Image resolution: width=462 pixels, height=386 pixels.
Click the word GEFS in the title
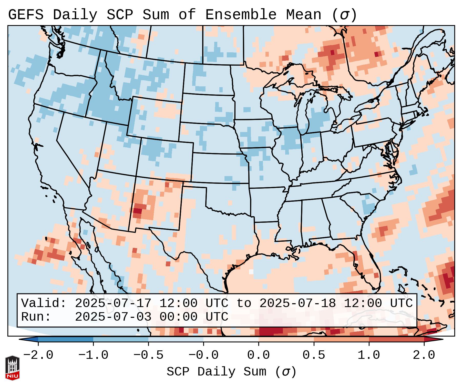pyautogui.click(x=26, y=15)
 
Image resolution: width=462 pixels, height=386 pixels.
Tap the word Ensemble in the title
pyautogui.click(x=241, y=15)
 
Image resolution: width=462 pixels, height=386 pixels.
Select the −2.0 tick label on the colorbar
pyautogui.click(x=38, y=355)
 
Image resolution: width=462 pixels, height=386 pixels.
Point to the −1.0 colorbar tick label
pyautogui.click(x=93, y=355)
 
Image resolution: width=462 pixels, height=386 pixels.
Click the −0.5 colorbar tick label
pyautogui.click(x=148, y=355)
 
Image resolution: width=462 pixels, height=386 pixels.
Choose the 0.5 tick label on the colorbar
pyautogui.click(x=314, y=355)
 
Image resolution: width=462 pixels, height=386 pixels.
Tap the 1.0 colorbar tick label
pyautogui.click(x=369, y=355)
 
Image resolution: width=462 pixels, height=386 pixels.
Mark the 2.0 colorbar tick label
pyautogui.click(x=424, y=355)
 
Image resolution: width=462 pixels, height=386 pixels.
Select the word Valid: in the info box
pyautogui.click(x=44, y=303)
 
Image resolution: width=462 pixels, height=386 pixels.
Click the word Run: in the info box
pyautogui.click(x=36, y=317)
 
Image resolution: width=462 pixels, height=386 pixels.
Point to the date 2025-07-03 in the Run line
pyautogui.click(x=113, y=317)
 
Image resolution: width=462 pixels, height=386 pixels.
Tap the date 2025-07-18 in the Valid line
pyautogui.click(x=297, y=303)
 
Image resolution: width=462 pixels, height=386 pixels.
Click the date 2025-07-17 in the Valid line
pyautogui.click(x=113, y=303)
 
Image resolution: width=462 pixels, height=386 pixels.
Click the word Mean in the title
pyautogui.click(x=304, y=15)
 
